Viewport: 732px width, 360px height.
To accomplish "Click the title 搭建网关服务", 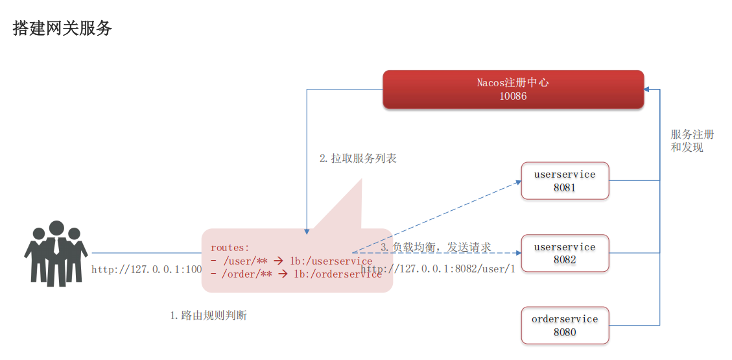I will (x=63, y=29).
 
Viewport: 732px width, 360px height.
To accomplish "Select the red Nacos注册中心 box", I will (x=513, y=89).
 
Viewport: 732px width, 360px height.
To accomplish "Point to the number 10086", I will (x=513, y=96).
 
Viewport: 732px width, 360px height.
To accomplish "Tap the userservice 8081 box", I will (x=565, y=181).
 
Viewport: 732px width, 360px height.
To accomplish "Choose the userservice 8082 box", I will (x=565, y=253).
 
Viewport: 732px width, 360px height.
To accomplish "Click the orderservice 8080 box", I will (x=565, y=326).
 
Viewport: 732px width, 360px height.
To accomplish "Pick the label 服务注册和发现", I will (x=692, y=141).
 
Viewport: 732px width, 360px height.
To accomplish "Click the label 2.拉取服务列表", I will (x=358, y=158).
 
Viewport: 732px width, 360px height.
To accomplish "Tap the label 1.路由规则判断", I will (x=208, y=316).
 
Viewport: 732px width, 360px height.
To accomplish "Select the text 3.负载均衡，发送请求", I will (x=436, y=247).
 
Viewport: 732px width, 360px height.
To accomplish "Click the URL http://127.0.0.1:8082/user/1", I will (x=438, y=269).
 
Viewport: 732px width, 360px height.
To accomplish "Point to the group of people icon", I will (x=56, y=254).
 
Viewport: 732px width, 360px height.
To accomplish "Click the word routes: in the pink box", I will (x=230, y=248).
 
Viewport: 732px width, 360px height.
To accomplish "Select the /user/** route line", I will (x=291, y=261).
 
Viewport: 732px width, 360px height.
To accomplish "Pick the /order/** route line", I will (x=296, y=274).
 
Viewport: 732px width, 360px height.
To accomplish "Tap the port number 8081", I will (x=565, y=188).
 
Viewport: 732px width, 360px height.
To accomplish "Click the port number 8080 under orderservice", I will (x=565, y=333).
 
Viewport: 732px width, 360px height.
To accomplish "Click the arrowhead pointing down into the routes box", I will (x=306, y=230).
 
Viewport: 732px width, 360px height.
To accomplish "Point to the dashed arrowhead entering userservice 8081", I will (x=518, y=182).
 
